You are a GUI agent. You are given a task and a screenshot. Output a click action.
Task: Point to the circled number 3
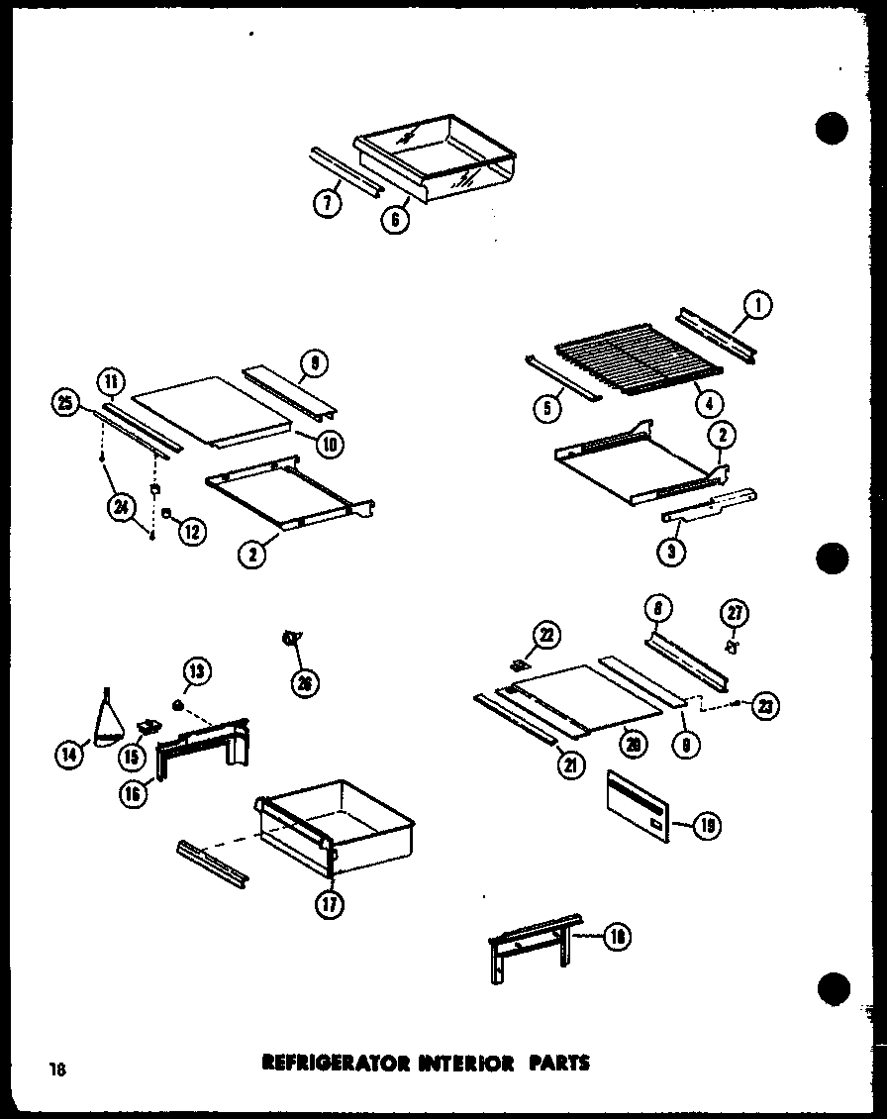point(672,552)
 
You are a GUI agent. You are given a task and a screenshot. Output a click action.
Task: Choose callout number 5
point(545,405)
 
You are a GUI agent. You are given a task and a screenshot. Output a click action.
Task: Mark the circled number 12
point(191,531)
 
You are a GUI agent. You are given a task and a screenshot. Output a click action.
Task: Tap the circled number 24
point(123,510)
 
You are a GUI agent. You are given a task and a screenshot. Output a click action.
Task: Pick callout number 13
point(196,672)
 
